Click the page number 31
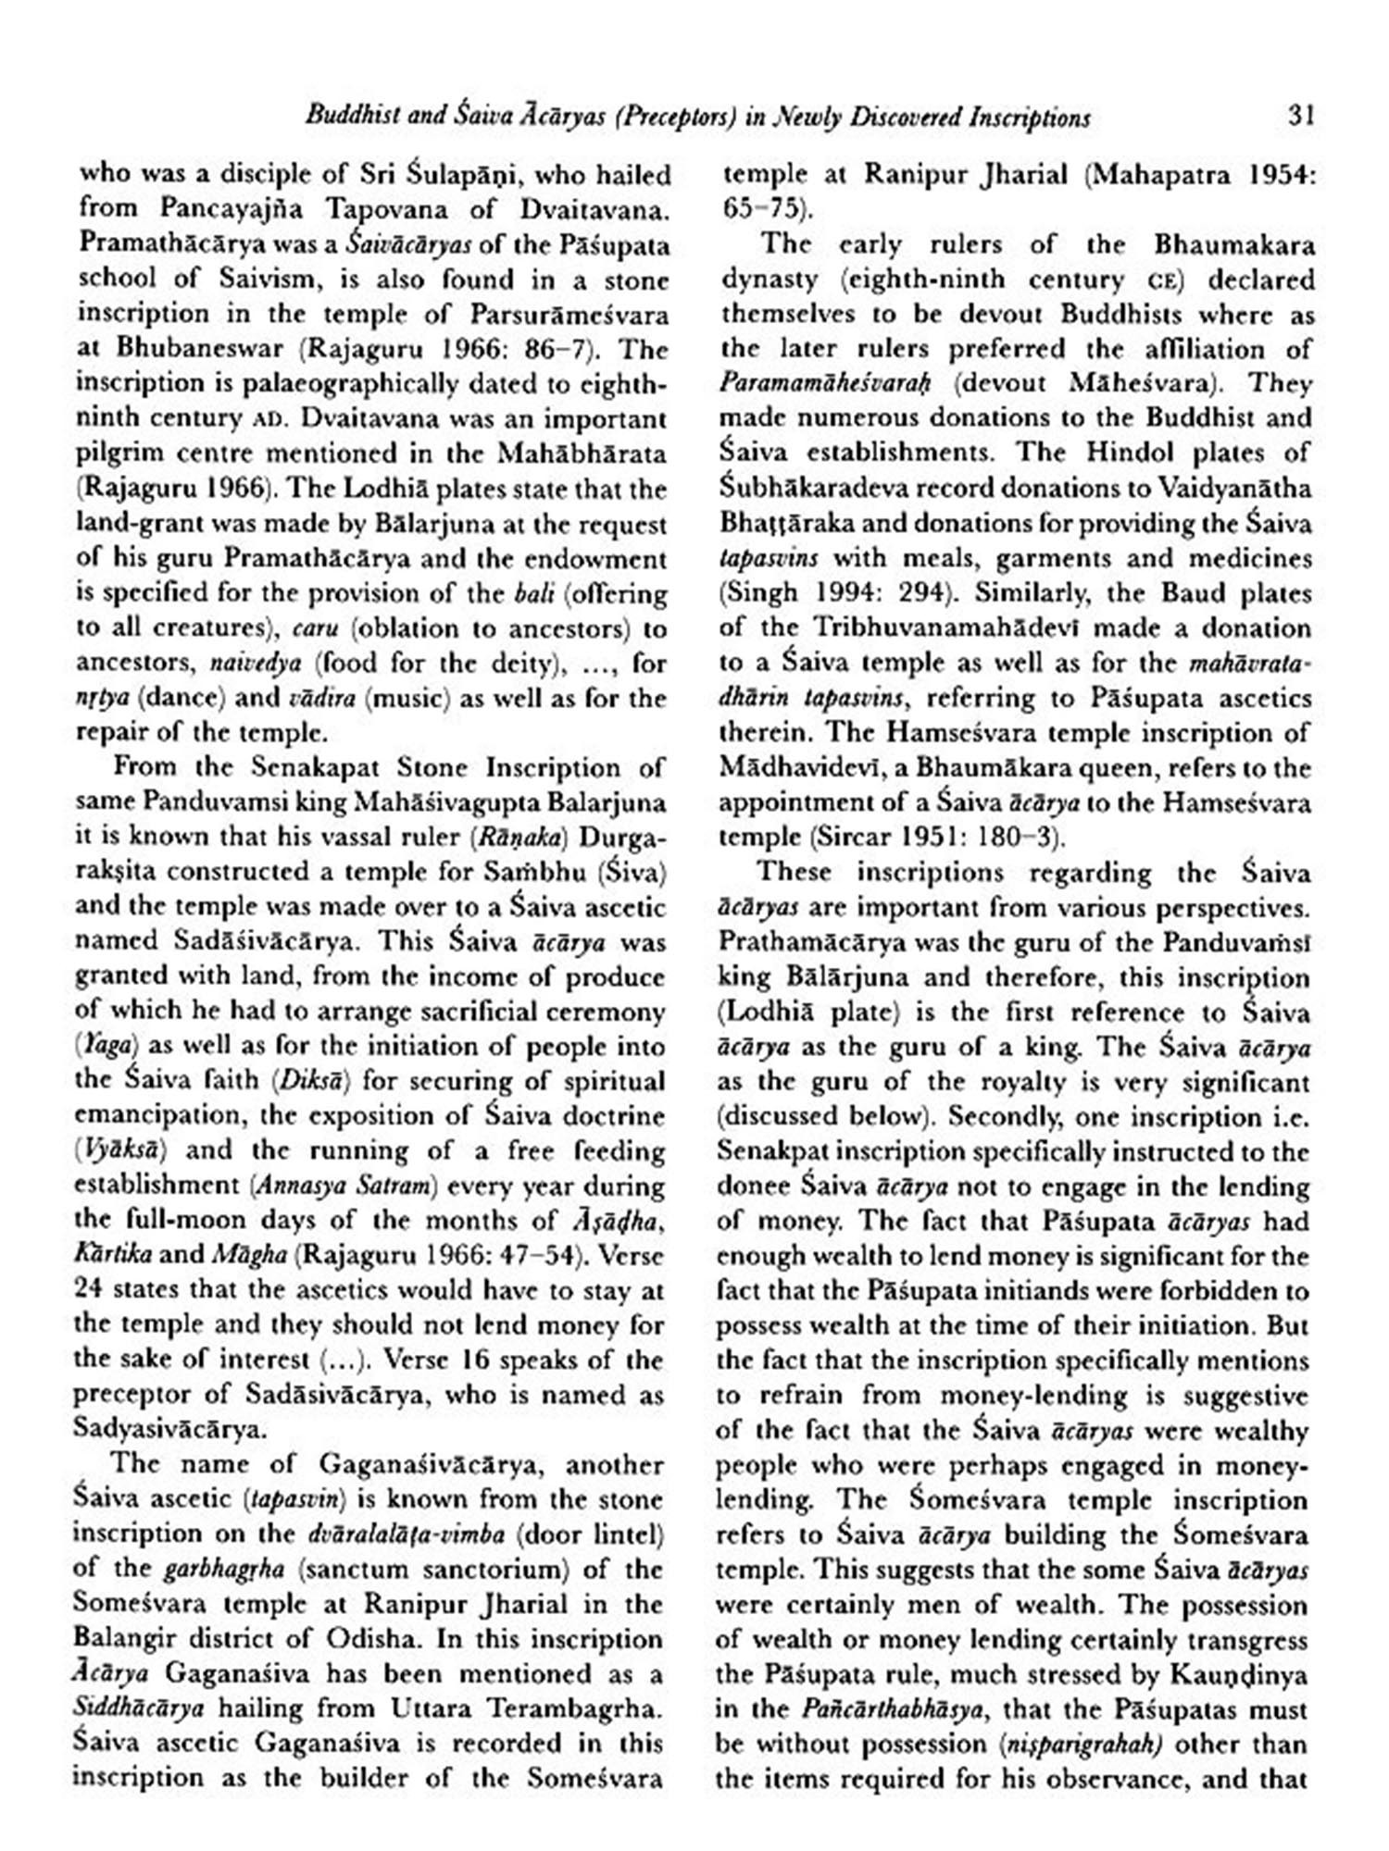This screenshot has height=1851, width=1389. [x=1300, y=116]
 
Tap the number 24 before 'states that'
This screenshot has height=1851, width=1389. [x=91, y=1290]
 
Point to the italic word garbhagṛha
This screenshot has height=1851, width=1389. [x=216, y=1570]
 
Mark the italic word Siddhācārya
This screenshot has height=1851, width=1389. [x=138, y=1708]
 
